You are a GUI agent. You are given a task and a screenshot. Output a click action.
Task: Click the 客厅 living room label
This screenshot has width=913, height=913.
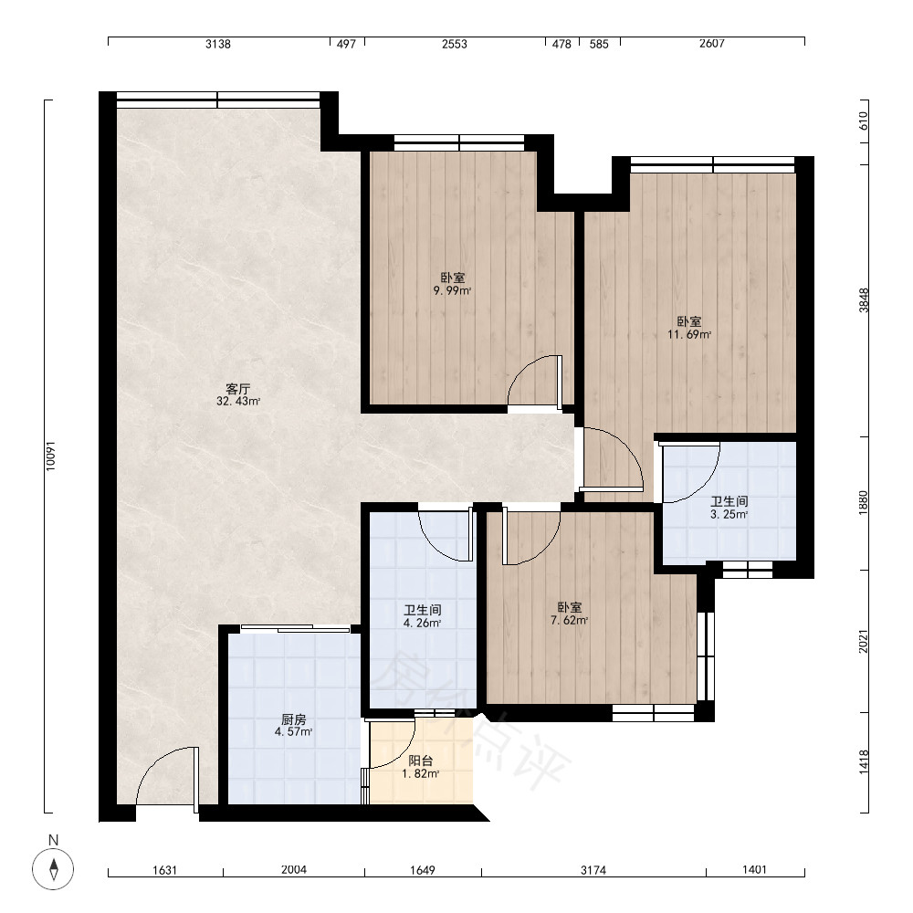coord(237,389)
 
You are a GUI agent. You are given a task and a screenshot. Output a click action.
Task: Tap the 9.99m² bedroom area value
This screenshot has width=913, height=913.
coord(453,290)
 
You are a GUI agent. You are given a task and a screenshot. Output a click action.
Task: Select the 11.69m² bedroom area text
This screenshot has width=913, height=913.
coord(689,334)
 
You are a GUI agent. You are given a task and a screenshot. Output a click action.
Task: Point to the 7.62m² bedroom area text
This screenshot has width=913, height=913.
coord(570,620)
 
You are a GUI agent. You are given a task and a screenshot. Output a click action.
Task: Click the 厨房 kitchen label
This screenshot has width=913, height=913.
coord(293,719)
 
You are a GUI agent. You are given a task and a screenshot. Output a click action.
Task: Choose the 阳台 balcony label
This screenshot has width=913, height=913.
coord(420,761)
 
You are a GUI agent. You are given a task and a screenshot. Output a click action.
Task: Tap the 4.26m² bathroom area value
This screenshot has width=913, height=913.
coord(422,623)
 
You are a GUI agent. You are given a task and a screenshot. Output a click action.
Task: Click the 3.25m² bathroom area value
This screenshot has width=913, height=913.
coord(729,514)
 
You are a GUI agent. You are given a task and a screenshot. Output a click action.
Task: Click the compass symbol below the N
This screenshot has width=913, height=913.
coord(53,869)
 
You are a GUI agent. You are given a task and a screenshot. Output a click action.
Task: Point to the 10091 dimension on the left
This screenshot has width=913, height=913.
coord(50,456)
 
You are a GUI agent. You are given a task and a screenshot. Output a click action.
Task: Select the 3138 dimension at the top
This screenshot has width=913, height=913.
coord(218,44)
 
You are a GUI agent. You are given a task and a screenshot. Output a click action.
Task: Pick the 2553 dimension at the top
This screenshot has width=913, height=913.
coord(454,44)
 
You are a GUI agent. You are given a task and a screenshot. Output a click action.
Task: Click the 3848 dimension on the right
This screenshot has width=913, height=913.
coord(864,300)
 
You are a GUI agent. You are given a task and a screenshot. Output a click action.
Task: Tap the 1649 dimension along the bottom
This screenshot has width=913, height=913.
coord(422,870)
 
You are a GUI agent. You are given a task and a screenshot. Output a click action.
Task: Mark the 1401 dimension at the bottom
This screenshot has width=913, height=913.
coord(755,869)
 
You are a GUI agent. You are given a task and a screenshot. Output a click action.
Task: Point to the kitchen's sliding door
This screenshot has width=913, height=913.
coord(295,628)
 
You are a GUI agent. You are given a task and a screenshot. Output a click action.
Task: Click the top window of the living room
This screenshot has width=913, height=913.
coord(218,100)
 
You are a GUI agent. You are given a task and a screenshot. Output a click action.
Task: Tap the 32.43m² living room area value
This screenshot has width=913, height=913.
coord(238,401)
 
